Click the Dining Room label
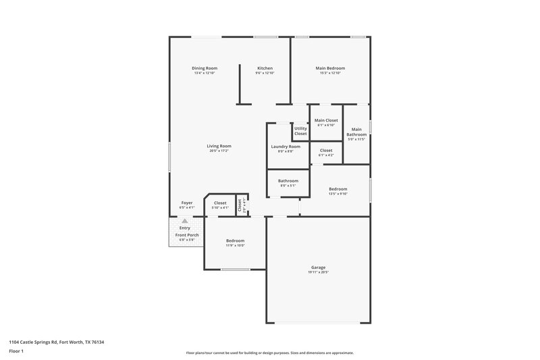point(204,68)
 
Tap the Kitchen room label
point(265,68)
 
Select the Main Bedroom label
point(330,68)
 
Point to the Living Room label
point(219,146)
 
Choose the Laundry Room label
point(286,147)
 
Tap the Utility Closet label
point(300,131)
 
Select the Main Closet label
point(326,120)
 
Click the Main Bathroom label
point(356,132)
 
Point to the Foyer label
point(187,203)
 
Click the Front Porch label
point(185,234)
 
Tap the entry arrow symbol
point(185,221)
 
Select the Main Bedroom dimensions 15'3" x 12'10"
point(330,73)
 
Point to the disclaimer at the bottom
point(269,353)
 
